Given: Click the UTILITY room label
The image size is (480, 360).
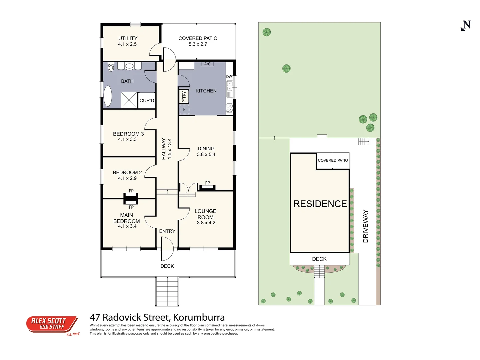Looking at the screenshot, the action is click(x=128, y=38).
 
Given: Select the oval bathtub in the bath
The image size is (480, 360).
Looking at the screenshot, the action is click(x=108, y=96).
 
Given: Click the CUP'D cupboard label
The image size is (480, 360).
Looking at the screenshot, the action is click(x=147, y=101).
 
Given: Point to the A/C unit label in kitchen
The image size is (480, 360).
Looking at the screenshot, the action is click(x=207, y=64).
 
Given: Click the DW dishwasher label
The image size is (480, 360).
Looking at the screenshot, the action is click(x=229, y=77).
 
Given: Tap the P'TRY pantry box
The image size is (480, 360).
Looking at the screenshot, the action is click(x=184, y=96).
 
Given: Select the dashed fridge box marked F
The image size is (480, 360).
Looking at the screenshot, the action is click(x=184, y=110).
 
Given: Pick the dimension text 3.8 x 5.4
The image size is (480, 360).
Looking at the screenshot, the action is click(x=206, y=155).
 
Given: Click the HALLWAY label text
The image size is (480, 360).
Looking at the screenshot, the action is click(x=164, y=149).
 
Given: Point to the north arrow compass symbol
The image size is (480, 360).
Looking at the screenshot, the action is click(x=466, y=26).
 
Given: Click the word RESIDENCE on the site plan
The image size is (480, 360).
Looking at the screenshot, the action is click(x=320, y=204).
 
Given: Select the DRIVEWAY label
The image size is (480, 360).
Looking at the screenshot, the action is click(x=365, y=226).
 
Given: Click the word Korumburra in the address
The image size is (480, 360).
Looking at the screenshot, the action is click(x=199, y=317).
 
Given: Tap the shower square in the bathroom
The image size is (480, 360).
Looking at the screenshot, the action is click(x=129, y=100).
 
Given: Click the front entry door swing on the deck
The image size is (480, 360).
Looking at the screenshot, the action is click(x=167, y=249).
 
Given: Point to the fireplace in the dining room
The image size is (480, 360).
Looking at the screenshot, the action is click(x=207, y=188).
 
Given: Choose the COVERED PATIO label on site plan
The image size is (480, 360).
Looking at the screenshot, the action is click(x=333, y=160).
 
